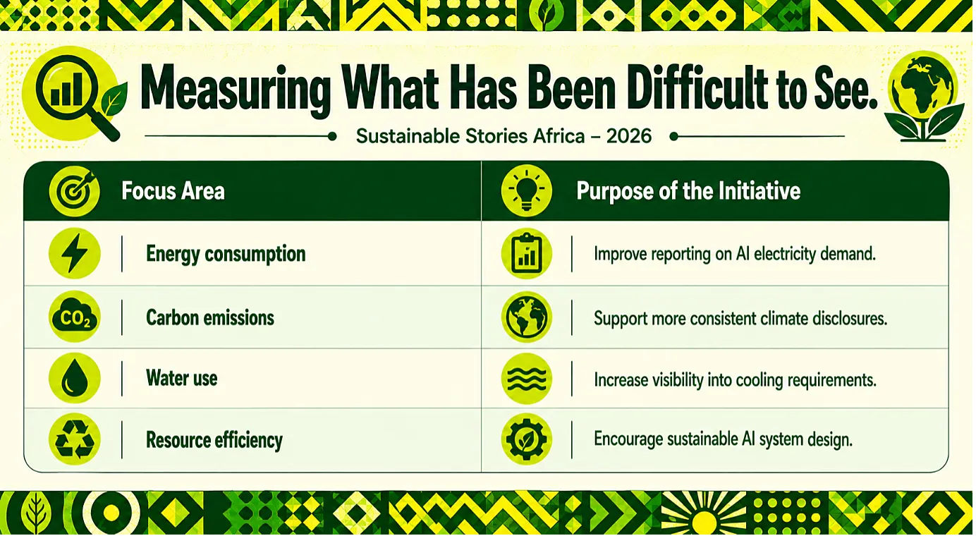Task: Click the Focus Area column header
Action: pyautogui.click(x=173, y=191)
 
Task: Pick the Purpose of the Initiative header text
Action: pyautogui.click(x=688, y=191)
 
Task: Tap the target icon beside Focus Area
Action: pyautogui.click(x=75, y=191)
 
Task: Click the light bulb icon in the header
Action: pyautogui.click(x=526, y=190)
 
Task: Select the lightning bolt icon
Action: pyautogui.click(x=75, y=253)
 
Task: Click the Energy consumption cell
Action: pyautogui.click(x=226, y=254)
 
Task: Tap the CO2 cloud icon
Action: pyautogui.click(x=75, y=317)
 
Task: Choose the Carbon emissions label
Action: pyautogui.click(x=210, y=317)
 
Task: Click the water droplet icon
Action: pyautogui.click(x=75, y=378)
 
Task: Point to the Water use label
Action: pyautogui.click(x=182, y=378)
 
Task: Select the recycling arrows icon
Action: pyautogui.click(x=75, y=439)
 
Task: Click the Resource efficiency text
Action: pyautogui.click(x=214, y=440)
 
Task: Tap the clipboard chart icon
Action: pyautogui.click(x=526, y=254)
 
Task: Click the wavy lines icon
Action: pyautogui.click(x=526, y=378)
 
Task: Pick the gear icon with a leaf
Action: pyautogui.click(x=526, y=439)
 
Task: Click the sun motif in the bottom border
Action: pyautogui.click(x=703, y=516)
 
